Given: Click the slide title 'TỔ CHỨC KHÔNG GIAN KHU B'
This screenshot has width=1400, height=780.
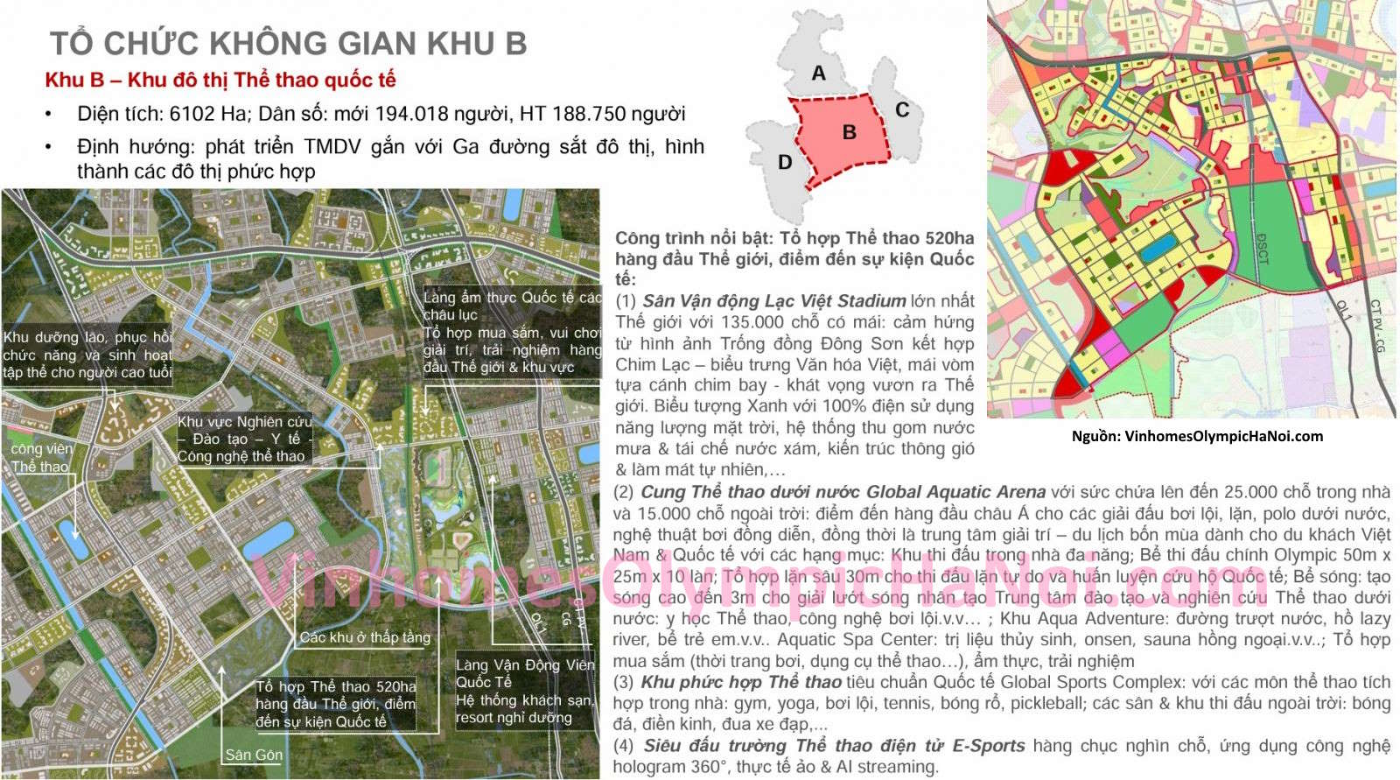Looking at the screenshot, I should pos(288,43).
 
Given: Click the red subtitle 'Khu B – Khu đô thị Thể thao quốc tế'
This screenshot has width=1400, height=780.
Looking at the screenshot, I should pos(220,81).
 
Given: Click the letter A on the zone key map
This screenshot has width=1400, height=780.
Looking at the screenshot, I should pos(818,74).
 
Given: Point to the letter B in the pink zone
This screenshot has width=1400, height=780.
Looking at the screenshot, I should pos(849,132).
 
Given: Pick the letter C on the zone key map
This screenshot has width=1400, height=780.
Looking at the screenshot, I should pos(902,110).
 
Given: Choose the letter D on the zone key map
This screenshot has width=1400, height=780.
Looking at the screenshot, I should pos(785,162).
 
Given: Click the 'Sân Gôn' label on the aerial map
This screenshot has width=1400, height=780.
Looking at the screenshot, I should pos(254,755).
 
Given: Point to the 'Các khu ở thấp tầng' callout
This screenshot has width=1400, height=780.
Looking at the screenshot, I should pos(365,637).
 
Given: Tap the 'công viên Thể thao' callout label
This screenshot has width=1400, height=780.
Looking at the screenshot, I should pos(41,458).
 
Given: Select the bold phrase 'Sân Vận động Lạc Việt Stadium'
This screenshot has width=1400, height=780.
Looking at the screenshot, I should pos(773,301).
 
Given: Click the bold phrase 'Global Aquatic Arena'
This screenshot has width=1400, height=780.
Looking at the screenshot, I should pos(955,492).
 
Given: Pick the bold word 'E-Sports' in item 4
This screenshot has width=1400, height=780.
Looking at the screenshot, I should pos(988,746).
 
